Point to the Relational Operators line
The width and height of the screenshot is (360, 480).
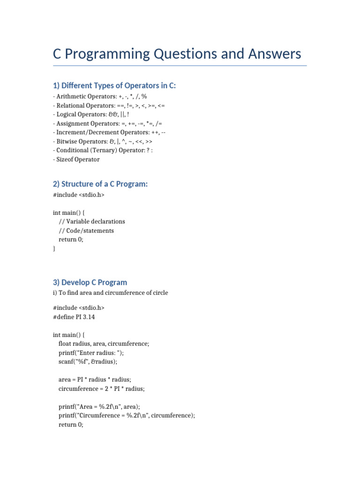109,105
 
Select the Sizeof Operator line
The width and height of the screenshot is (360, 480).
76,159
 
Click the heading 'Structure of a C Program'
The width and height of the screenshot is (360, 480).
100,184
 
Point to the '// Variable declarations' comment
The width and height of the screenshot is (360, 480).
92,221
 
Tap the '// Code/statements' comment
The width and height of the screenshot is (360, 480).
86,231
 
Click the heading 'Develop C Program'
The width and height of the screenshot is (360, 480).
90,283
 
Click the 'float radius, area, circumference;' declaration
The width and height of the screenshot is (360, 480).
104,344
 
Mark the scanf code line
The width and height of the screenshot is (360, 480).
88,362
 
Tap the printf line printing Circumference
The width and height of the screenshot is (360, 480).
127,416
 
